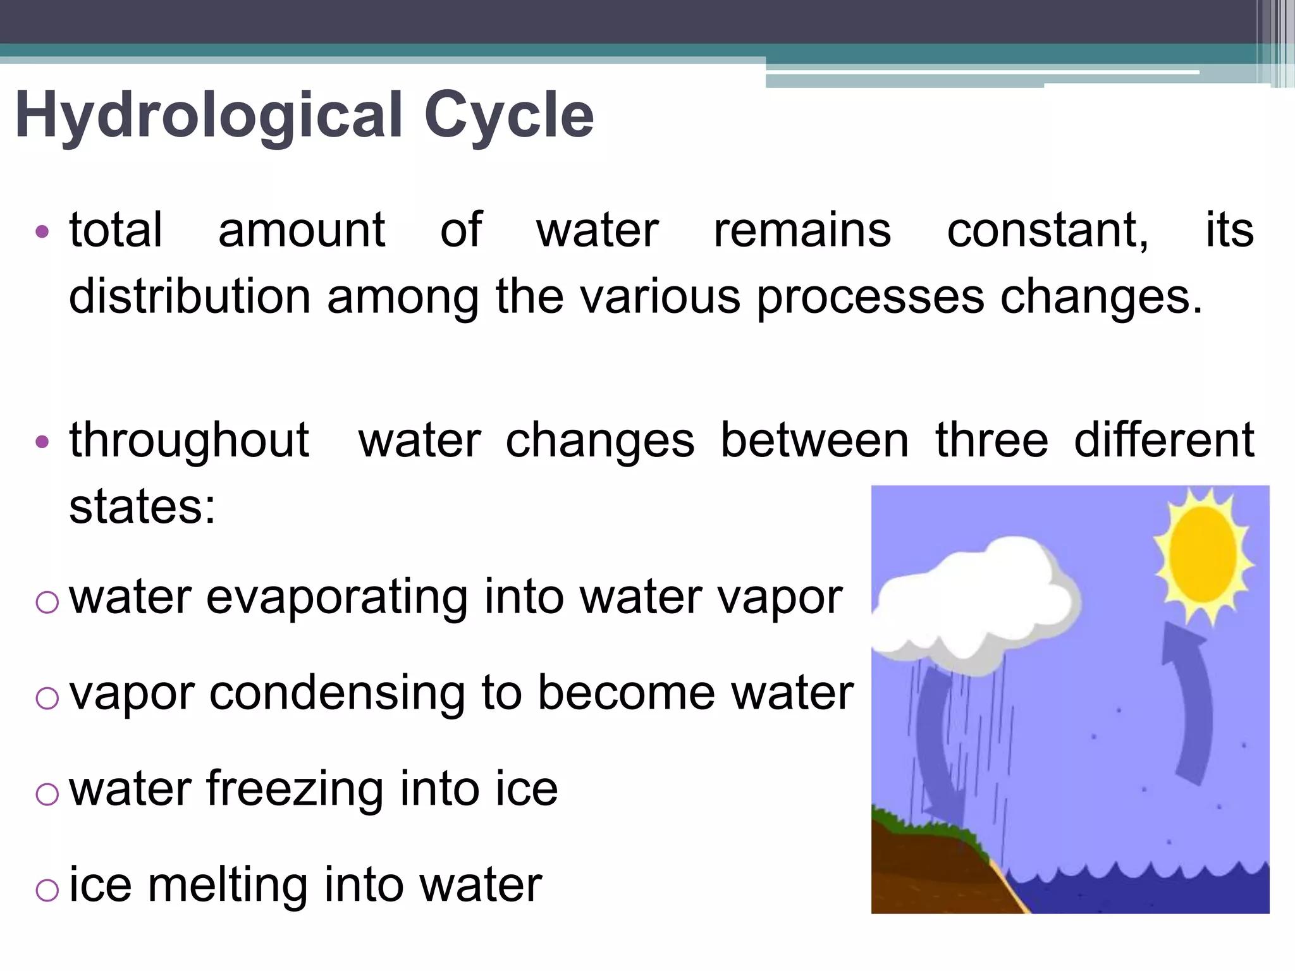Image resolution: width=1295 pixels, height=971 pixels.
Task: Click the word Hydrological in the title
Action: coord(209,116)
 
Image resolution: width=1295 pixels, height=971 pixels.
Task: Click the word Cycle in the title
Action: coord(509,116)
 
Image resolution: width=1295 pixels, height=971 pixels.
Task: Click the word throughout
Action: coord(189,441)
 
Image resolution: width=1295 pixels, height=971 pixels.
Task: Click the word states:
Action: coord(142,506)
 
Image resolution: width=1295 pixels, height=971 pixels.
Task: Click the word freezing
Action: coord(294,790)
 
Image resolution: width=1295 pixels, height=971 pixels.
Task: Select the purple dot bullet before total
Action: coord(42,232)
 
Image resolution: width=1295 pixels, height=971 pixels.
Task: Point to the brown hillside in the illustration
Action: coord(923,872)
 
